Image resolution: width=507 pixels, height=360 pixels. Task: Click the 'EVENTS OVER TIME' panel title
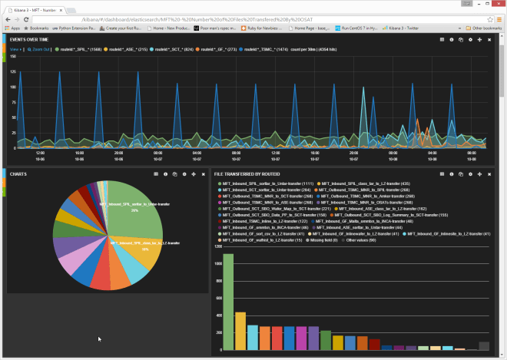click(x=28, y=38)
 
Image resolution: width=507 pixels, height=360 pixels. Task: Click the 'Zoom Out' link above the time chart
click(x=40, y=48)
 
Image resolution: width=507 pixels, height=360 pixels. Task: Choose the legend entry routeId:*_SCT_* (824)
click(x=175, y=48)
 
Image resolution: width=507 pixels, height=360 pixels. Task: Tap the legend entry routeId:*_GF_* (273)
click(x=217, y=48)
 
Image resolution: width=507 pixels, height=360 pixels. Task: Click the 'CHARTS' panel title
click(x=18, y=174)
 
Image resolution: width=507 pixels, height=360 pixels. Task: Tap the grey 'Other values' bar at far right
click(x=483, y=346)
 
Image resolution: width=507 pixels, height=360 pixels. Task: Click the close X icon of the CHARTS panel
click(x=204, y=174)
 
